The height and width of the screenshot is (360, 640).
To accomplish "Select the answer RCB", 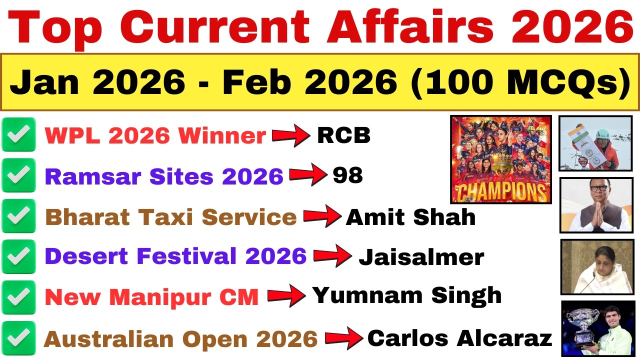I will (x=343, y=135).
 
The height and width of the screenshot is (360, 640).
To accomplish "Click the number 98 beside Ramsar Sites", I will (x=347, y=175).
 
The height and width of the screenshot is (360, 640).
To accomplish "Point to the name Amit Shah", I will (x=410, y=217).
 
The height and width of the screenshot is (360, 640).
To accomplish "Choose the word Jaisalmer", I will (x=421, y=257).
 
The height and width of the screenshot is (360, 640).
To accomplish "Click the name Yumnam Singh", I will (x=406, y=295).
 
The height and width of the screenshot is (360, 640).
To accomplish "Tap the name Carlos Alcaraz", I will (x=459, y=338).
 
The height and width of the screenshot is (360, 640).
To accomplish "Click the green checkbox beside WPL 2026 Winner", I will (x=18, y=135).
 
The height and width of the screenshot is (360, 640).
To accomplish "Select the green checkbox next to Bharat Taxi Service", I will (x=18, y=216).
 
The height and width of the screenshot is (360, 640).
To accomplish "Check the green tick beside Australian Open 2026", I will (x=18, y=338).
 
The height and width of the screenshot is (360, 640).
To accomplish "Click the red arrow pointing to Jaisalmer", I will (x=332, y=257).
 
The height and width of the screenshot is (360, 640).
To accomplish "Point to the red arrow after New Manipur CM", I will (x=286, y=296).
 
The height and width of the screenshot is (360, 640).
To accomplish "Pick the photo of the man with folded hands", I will (x=596, y=205).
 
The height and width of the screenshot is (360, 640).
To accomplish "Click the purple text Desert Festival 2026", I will (x=175, y=256).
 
